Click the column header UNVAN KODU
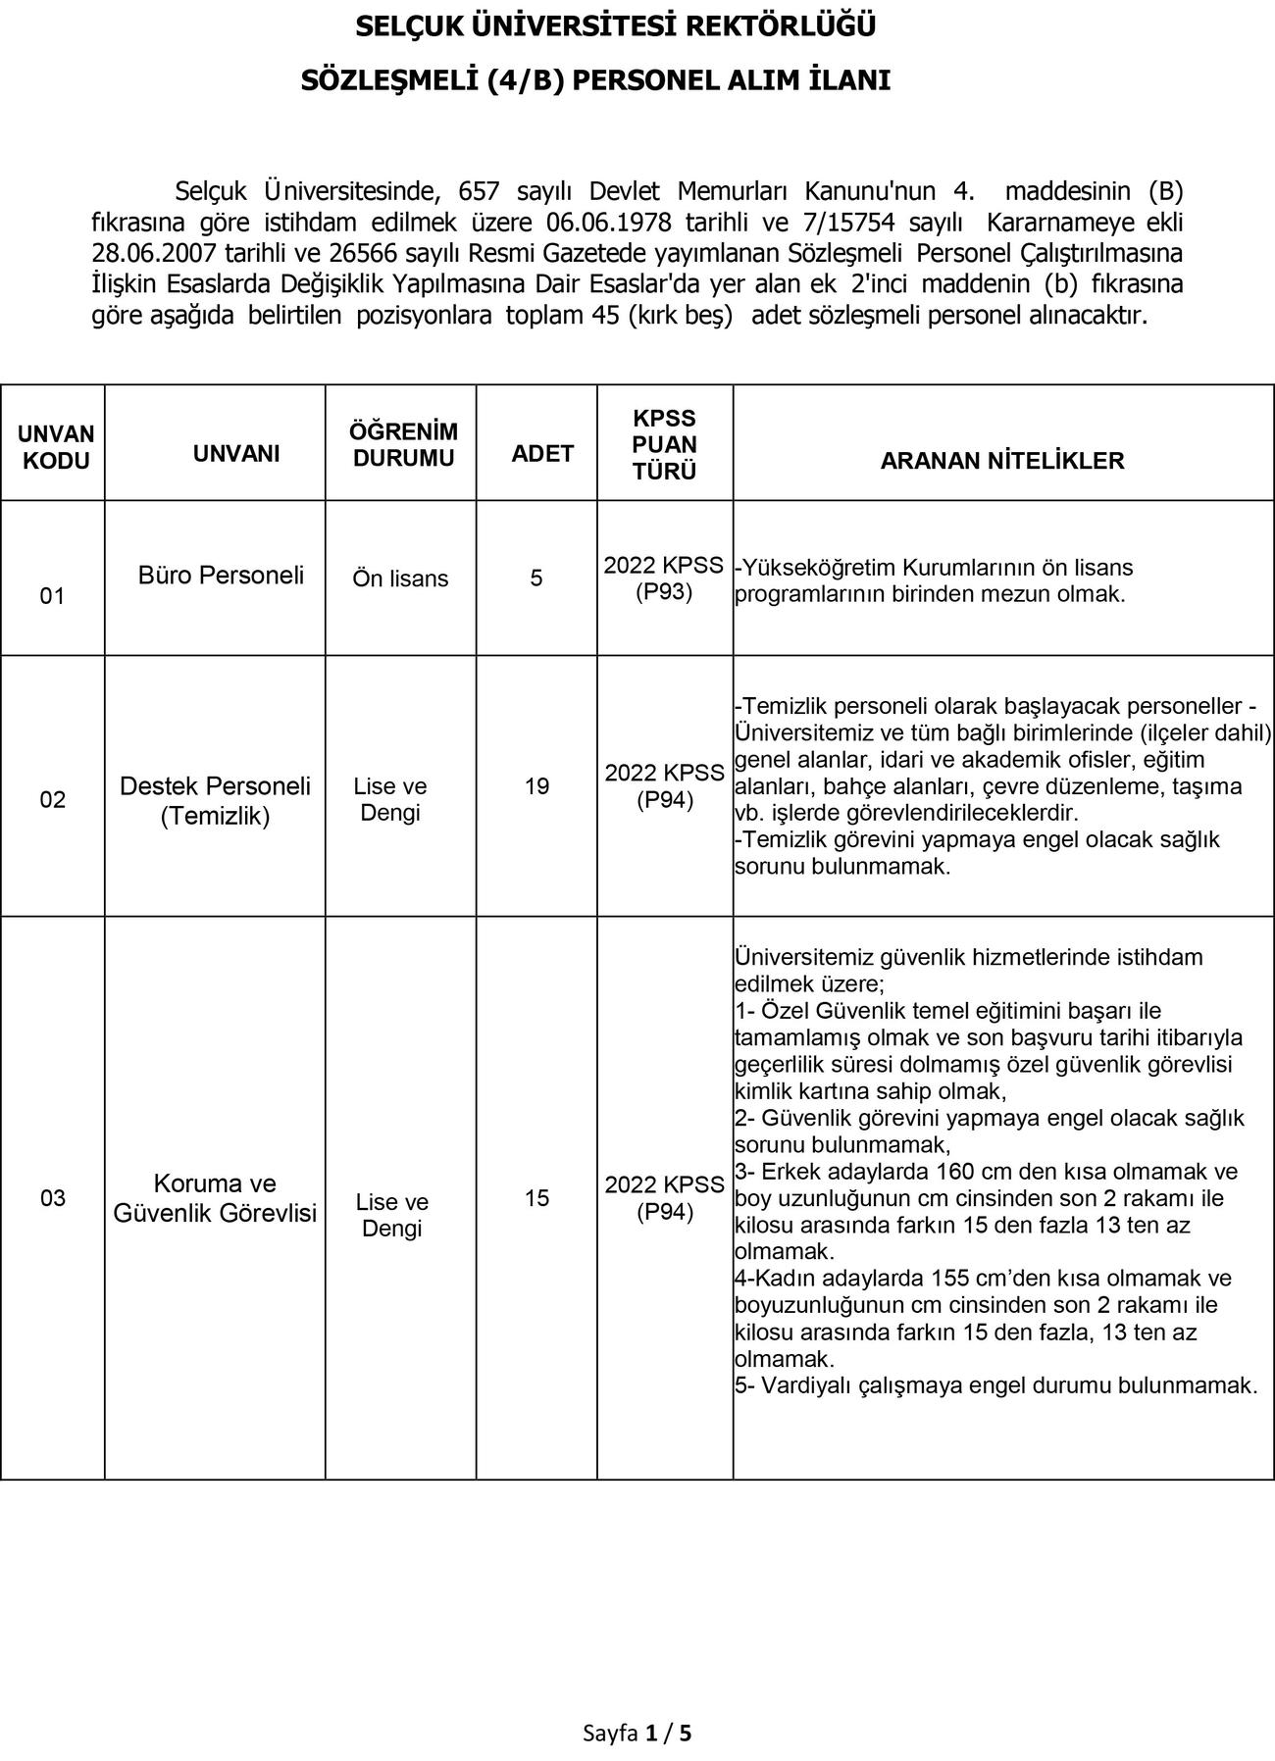pos(56,447)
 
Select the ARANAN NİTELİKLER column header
pos(1001,461)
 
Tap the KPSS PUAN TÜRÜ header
pos(664,445)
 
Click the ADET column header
pos(542,453)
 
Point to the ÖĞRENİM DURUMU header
pos(403,445)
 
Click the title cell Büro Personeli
pos(221,576)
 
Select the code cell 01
pos(52,596)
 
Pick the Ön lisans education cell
pos(400,579)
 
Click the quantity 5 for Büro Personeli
pos(536,579)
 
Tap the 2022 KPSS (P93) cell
pos(664,579)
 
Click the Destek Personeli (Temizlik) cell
pos(215,800)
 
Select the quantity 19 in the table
pos(536,786)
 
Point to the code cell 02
pos(52,800)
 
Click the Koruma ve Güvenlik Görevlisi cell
pos(215,1198)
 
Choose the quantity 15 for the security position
pos(536,1198)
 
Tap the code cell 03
pos(52,1198)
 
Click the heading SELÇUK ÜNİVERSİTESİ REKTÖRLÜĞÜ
pos(615,26)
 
